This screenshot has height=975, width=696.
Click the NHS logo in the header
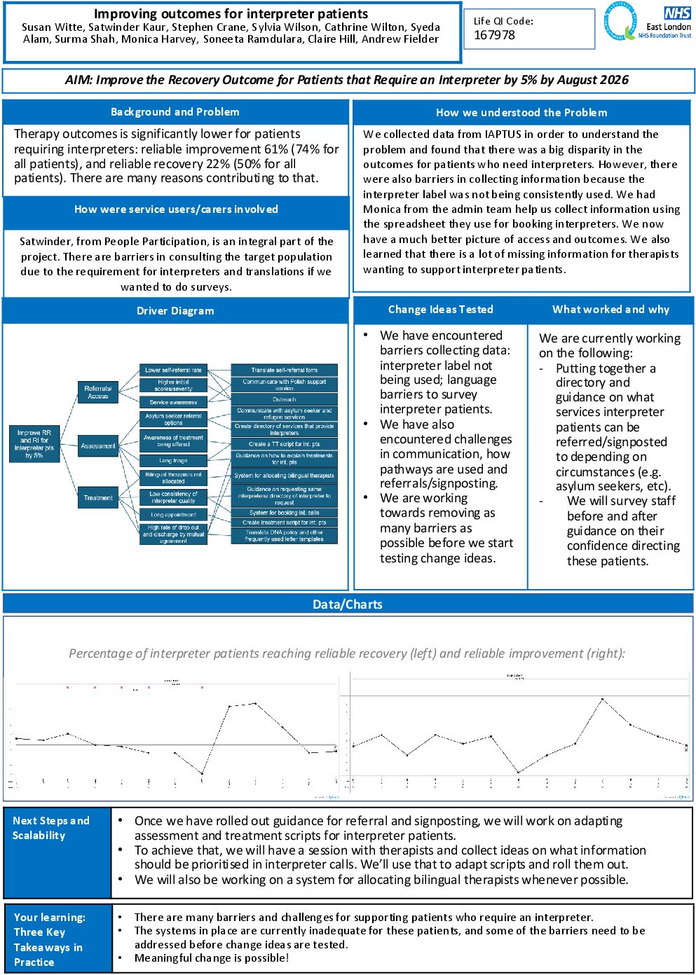[x=677, y=13]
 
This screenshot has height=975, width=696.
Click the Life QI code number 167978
[x=494, y=35]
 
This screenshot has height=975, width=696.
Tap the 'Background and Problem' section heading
[x=175, y=112]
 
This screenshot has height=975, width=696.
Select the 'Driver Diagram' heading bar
[x=175, y=311]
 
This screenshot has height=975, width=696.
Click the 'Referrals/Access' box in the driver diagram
[x=97, y=392]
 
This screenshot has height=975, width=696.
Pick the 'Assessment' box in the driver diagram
[x=97, y=445]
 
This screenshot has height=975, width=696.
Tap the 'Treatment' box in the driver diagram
[x=97, y=497]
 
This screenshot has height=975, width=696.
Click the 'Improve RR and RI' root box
[x=34, y=444]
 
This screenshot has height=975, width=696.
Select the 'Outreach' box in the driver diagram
[x=284, y=399]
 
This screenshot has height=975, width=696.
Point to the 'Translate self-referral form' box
[x=284, y=370]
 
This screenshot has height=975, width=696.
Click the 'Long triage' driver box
[x=173, y=461]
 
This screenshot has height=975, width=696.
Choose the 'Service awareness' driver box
[x=173, y=402]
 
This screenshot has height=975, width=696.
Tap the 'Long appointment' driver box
[x=173, y=515]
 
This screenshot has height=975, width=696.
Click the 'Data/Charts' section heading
[x=348, y=604]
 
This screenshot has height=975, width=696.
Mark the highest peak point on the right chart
[x=602, y=699]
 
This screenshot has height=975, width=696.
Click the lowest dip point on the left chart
[x=202, y=774]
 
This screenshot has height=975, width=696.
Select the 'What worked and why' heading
[x=610, y=310]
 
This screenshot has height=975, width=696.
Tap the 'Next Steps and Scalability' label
[x=51, y=828]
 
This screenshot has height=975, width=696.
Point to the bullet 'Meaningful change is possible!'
[x=212, y=958]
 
